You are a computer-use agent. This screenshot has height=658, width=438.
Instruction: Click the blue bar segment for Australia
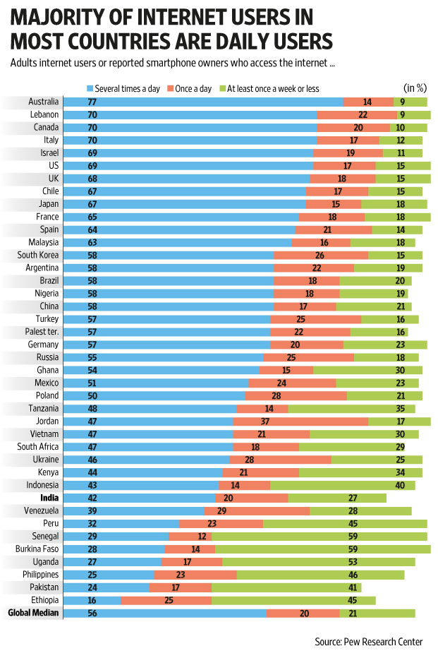(x=203, y=102)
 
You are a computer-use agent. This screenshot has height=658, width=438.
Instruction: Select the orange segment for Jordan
(x=300, y=421)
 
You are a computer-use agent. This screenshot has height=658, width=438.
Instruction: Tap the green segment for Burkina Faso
(x=322, y=549)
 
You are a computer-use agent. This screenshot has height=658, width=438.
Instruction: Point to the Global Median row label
(x=33, y=613)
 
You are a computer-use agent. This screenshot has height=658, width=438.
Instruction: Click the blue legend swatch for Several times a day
(x=90, y=89)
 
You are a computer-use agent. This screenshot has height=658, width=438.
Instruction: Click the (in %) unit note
(x=415, y=88)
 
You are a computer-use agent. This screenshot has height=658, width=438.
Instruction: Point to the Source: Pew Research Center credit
(x=369, y=642)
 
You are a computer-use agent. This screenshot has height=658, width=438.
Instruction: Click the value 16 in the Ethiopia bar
(x=92, y=600)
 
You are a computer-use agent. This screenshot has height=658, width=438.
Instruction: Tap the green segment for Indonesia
(x=342, y=485)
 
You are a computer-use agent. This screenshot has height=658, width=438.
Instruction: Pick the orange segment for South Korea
(x=321, y=255)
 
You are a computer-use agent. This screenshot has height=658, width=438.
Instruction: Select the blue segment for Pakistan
(x=107, y=587)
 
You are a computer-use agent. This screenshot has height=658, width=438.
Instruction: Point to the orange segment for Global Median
(x=303, y=613)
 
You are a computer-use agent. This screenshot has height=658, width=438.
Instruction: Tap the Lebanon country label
(x=44, y=114)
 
